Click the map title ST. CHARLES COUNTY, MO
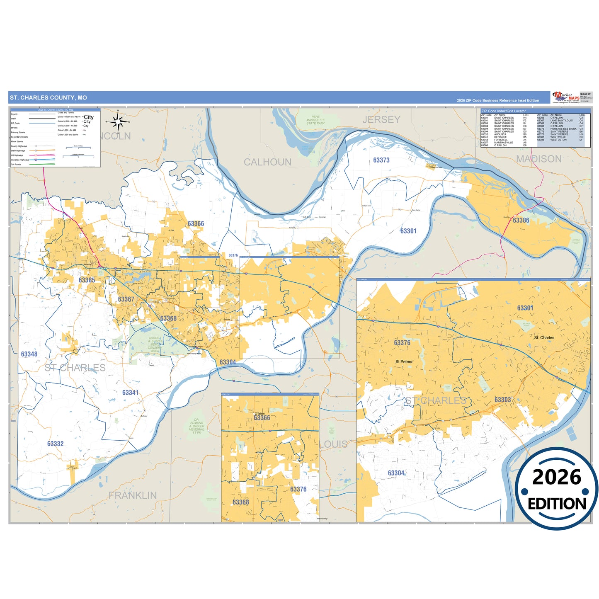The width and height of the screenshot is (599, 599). (x=49, y=98)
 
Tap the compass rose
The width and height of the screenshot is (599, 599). (x=118, y=121)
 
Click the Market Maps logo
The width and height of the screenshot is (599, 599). (x=566, y=98)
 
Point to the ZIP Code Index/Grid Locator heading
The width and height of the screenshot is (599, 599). (x=503, y=111)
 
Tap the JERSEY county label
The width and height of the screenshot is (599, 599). (x=381, y=120)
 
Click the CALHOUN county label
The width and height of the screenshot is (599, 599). (x=267, y=162)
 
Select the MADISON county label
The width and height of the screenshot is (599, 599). (x=538, y=159)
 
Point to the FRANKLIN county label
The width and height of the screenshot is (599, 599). (x=133, y=495)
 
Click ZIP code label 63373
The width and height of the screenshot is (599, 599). (x=381, y=160)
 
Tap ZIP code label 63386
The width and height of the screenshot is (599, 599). (x=521, y=221)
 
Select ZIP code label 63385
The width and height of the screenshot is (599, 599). (x=87, y=280)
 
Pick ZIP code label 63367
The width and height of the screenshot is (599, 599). (x=126, y=299)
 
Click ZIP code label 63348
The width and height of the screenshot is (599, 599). (x=29, y=354)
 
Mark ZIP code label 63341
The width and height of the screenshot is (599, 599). (x=130, y=393)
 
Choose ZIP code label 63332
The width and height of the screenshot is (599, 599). (x=55, y=444)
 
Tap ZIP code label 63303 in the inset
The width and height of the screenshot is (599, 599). (x=502, y=400)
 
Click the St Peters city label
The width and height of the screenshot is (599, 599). (x=404, y=361)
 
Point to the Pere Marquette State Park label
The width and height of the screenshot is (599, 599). (x=315, y=120)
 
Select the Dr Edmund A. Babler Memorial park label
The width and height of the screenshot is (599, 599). (x=196, y=426)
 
